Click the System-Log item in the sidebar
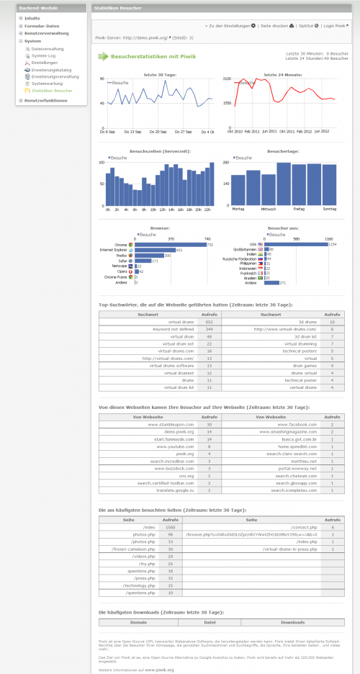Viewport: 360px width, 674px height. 43,55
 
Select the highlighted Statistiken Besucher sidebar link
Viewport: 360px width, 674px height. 52,91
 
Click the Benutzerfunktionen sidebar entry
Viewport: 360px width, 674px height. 46,100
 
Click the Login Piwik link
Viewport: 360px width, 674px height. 337,25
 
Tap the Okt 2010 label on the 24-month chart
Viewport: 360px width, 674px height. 235,132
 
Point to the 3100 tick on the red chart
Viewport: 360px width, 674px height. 227,78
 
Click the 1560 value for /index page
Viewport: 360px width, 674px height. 171,527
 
